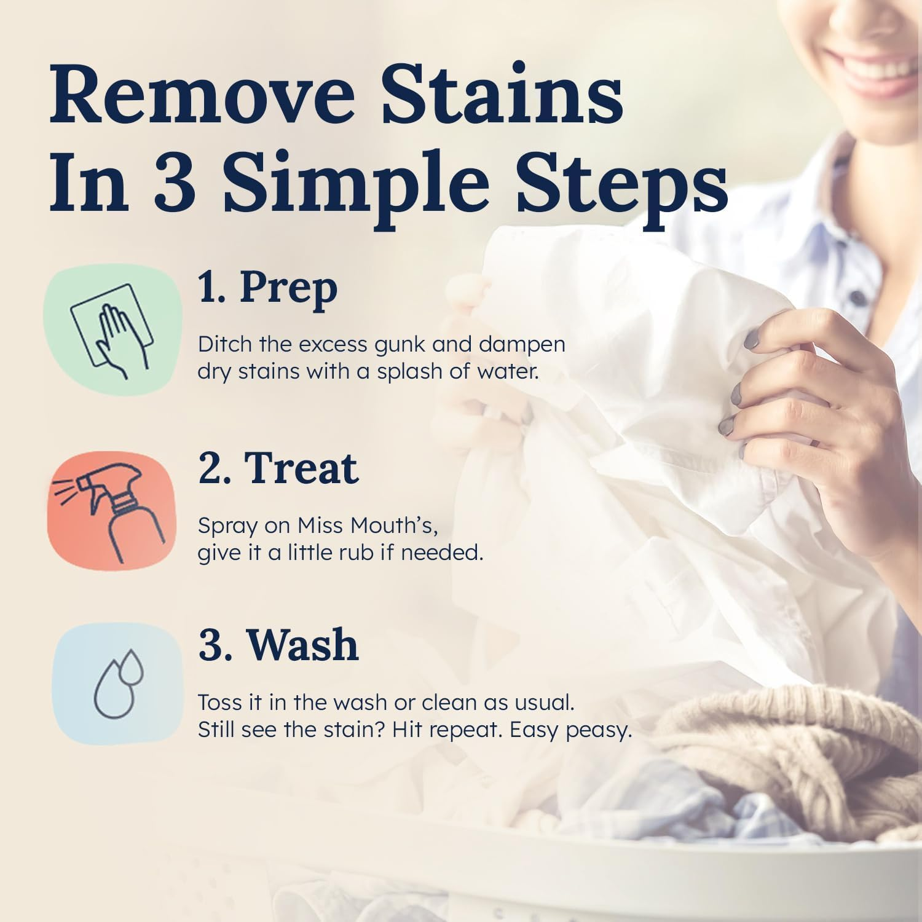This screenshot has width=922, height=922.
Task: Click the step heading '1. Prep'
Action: point(267,288)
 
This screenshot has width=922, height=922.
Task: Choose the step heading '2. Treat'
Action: point(278,468)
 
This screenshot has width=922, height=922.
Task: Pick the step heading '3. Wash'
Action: point(278,645)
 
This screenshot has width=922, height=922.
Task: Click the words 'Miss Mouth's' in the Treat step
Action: point(367,526)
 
